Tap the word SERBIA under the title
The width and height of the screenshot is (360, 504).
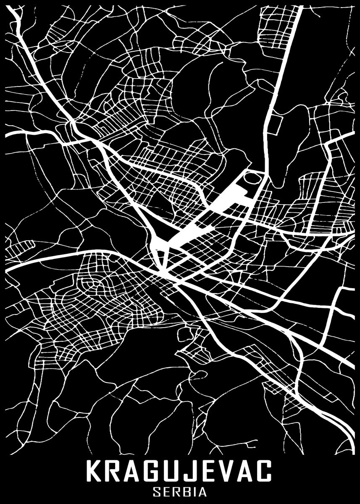point(180,492)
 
